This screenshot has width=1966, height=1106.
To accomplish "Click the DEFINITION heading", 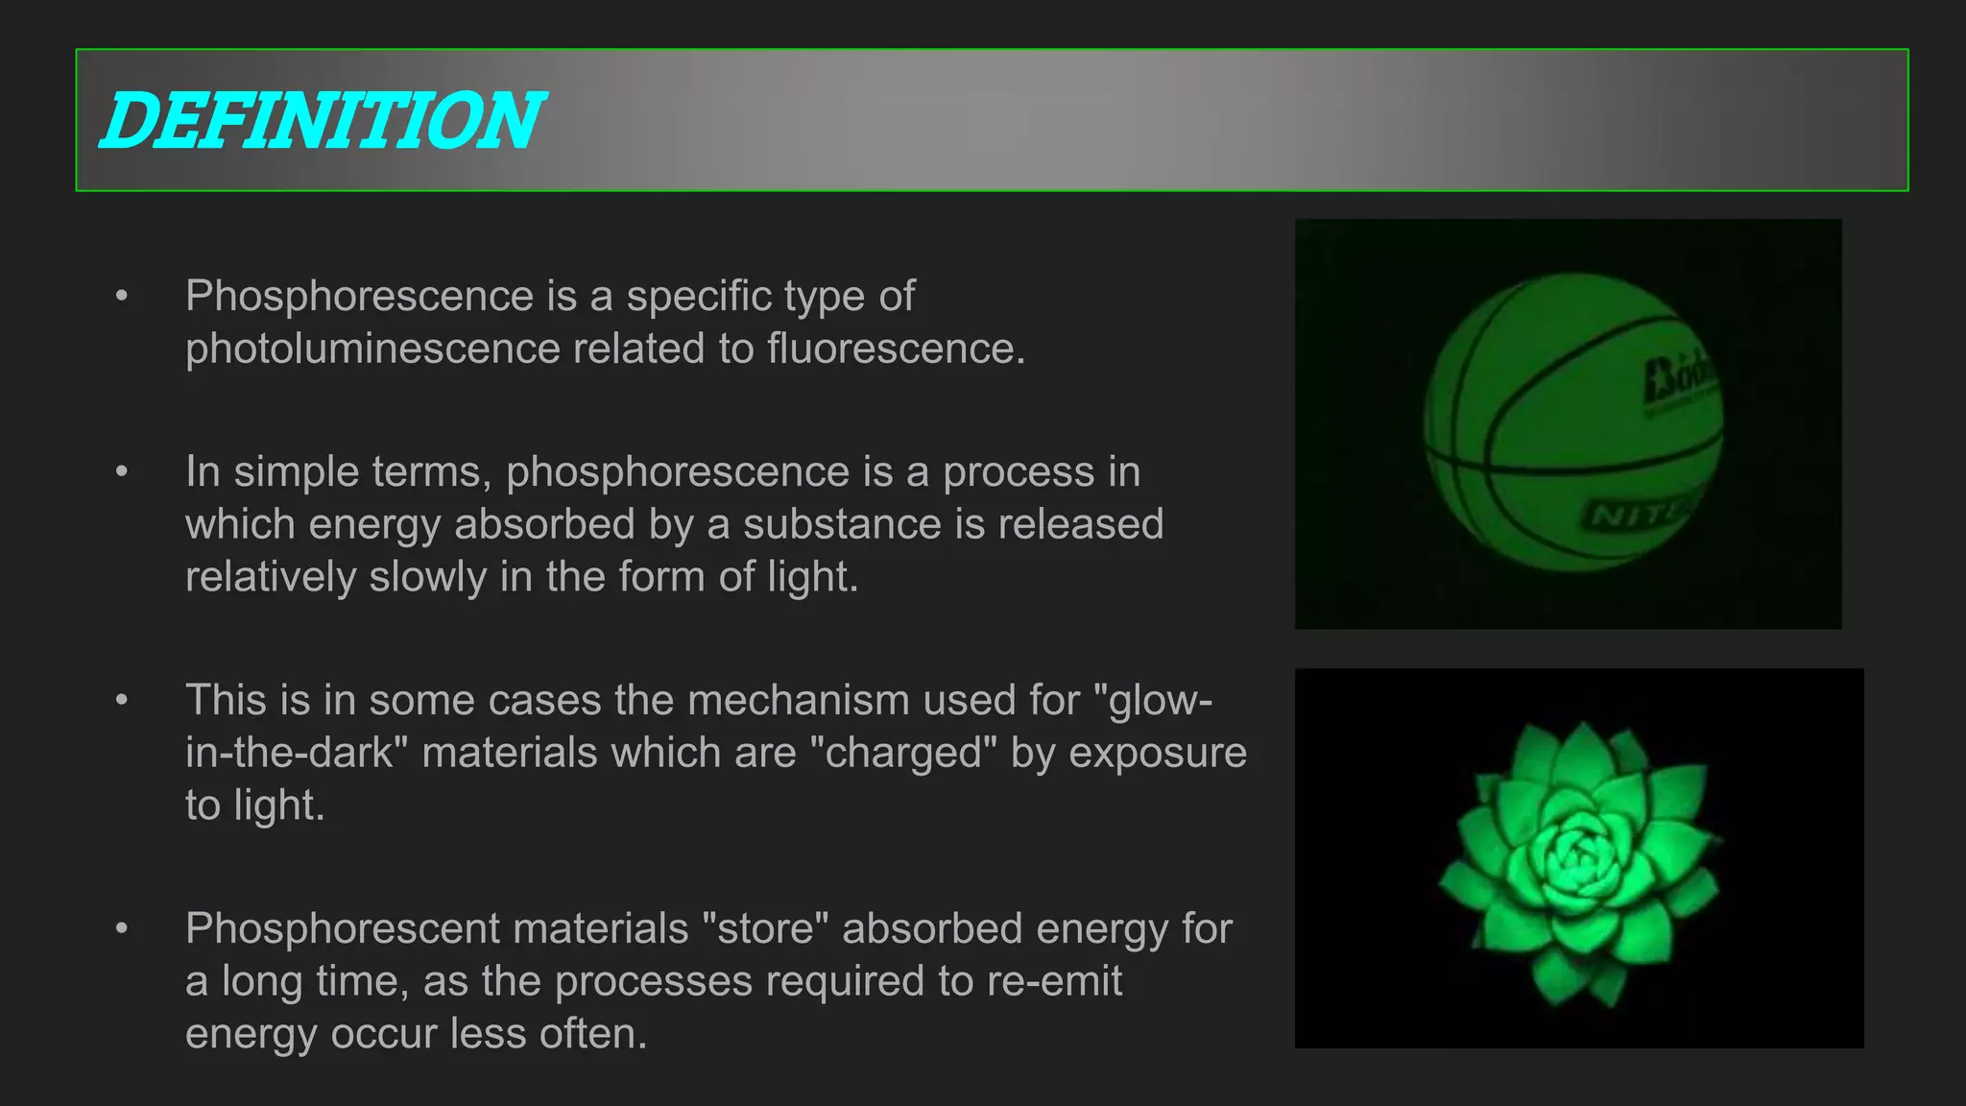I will pos(323,121).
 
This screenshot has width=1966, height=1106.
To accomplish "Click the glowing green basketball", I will pos(1572,422).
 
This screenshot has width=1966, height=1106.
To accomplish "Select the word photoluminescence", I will pos(372,349).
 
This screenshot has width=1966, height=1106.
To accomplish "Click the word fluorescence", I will pos(896,349).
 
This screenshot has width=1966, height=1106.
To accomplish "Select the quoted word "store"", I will pos(766,928).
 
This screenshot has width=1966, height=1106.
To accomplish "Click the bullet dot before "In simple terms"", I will pos(121,471).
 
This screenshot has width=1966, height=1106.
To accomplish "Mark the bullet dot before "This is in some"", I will pos(121,700).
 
